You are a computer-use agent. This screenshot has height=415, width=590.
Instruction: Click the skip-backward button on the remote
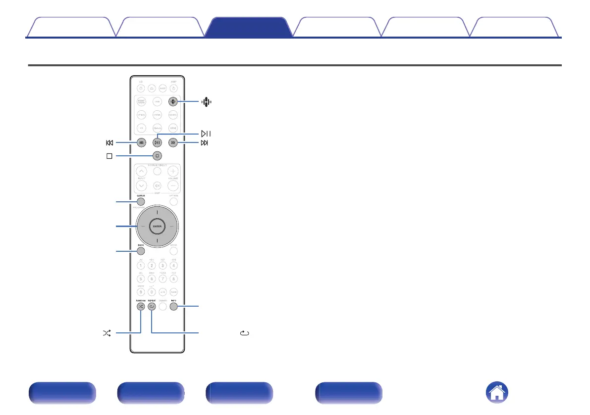142,143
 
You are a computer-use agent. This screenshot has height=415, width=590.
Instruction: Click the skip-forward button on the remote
173,143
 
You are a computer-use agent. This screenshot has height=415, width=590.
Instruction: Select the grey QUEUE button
141,202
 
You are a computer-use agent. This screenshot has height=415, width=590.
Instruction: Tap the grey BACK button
141,251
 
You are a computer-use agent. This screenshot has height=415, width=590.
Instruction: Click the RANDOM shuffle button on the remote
141,307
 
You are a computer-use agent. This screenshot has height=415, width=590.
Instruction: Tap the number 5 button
141,278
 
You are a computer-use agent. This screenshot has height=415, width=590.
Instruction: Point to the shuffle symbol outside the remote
107,334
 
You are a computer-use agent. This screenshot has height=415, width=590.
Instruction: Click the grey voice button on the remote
173,101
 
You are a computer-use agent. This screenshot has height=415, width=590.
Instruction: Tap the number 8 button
173,278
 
